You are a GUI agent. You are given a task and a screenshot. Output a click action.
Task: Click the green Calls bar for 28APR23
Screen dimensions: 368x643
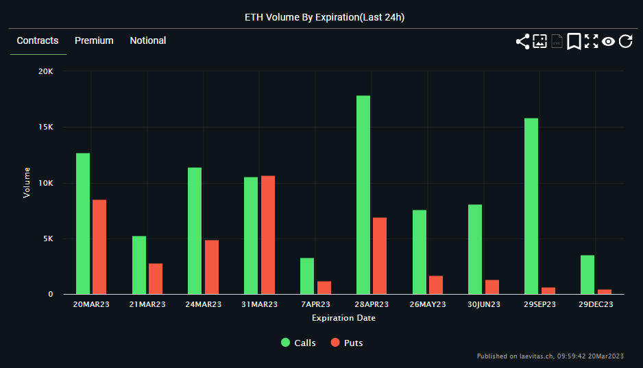click(363, 195)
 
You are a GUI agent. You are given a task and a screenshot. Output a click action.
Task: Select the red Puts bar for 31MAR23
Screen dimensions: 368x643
click(268, 235)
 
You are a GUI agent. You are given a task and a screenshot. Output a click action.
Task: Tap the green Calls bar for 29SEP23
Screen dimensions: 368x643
click(531, 206)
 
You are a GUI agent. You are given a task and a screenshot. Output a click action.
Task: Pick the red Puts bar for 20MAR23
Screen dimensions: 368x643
click(99, 247)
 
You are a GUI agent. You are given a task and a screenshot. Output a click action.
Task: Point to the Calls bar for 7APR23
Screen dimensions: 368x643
click(307, 276)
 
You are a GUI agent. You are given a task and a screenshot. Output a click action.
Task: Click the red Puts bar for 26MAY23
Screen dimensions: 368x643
click(436, 285)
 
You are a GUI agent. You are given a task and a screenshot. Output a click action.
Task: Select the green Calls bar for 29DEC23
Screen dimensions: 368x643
click(587, 275)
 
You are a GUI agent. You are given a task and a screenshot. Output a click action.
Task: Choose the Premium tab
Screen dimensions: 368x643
click(94, 40)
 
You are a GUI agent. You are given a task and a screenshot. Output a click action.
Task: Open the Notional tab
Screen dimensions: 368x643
click(148, 40)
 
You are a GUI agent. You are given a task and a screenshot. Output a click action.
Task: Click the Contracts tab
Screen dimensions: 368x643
click(38, 40)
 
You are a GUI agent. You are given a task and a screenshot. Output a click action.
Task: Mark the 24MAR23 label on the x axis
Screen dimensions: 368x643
click(204, 304)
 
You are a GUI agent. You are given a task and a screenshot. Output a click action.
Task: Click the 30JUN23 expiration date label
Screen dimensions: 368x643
click(484, 304)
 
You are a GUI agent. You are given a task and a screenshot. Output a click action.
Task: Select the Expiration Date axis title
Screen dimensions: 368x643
click(343, 318)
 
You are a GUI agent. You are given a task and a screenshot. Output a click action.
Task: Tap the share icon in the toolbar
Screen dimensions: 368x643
click(522, 42)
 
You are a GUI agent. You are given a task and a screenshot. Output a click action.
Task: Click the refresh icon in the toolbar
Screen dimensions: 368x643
click(625, 42)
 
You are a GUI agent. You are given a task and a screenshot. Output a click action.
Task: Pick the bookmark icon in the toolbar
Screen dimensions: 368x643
click(574, 42)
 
